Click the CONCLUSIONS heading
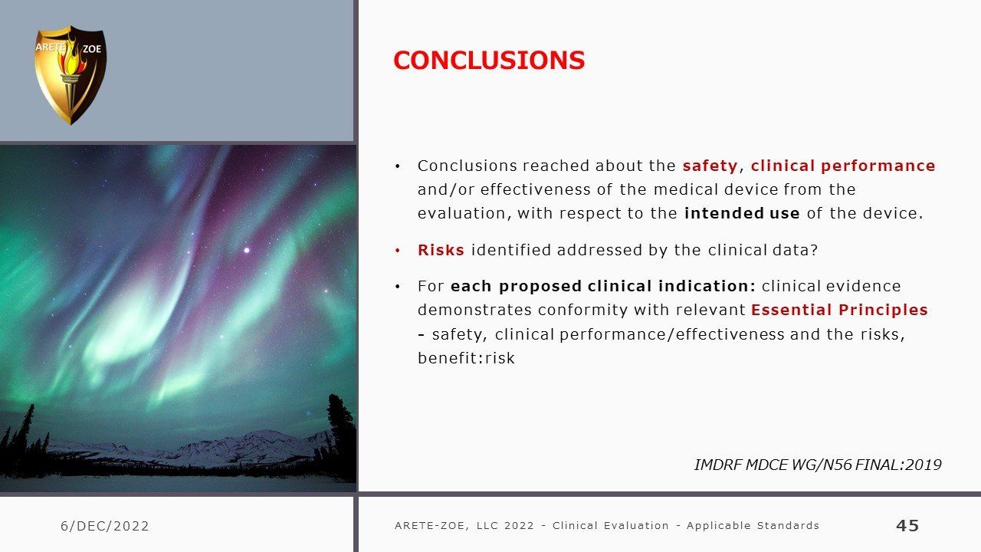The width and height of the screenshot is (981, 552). click(x=489, y=60)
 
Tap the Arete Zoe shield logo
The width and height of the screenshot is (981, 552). click(x=71, y=75)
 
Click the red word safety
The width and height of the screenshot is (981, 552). click(x=710, y=166)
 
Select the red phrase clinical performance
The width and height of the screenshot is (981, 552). click(x=843, y=166)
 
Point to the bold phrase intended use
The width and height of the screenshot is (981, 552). click(x=742, y=213)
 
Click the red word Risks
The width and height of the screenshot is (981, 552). click(x=441, y=250)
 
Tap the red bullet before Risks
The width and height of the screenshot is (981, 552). click(x=398, y=251)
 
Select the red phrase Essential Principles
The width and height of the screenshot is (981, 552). click(x=839, y=310)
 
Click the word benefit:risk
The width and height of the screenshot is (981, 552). click(x=466, y=358)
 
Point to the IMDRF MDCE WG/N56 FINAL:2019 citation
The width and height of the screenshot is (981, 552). click(x=818, y=465)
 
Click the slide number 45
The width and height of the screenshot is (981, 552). click(x=907, y=525)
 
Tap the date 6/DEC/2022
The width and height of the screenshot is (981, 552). click(x=105, y=526)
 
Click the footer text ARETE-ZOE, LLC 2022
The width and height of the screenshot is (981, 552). click(x=464, y=526)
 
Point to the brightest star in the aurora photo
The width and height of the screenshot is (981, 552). click(x=247, y=250)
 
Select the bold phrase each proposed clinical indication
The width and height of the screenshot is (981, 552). click(x=603, y=286)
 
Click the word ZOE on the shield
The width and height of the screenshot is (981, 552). click(x=92, y=49)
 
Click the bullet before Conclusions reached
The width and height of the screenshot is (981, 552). click(x=398, y=166)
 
